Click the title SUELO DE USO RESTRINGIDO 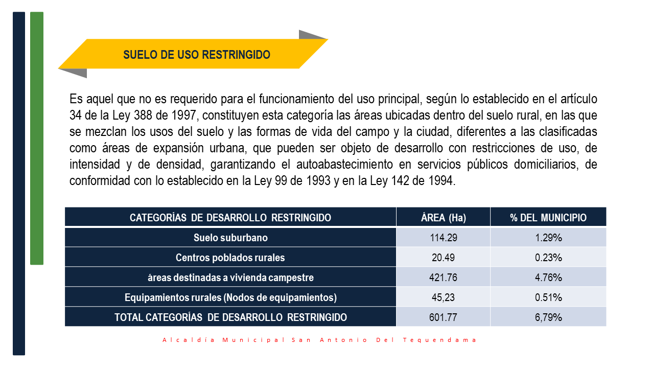click(197, 55)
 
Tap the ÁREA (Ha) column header click(443, 218)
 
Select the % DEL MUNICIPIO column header click(548, 218)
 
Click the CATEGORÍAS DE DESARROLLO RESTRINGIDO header click(230, 218)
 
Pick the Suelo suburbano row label click(230, 238)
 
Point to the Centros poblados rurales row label click(230, 258)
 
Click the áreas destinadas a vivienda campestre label click(230, 278)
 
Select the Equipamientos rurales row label click(230, 297)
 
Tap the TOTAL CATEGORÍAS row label click(230, 317)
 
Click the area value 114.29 click(443, 238)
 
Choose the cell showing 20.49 click(443, 258)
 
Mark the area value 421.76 click(443, 278)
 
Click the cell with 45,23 click(443, 297)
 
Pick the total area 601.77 click(443, 317)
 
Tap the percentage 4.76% click(548, 278)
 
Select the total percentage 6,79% click(548, 317)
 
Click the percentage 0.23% click(548, 258)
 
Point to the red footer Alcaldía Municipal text click(319, 340)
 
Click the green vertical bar click(37, 138)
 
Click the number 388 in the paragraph click(143, 116)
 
